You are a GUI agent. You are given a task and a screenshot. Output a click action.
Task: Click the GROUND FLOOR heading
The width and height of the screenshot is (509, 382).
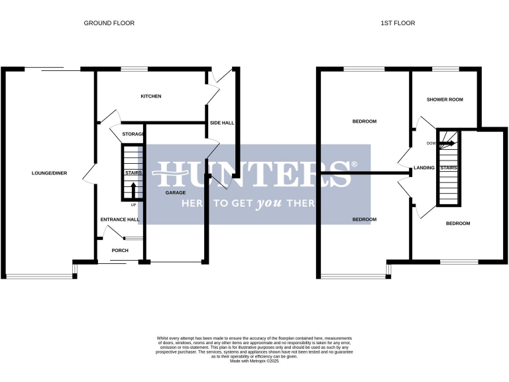pyautogui.click(x=109, y=23)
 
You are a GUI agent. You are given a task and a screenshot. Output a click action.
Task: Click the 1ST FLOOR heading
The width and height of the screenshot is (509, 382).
pyautogui.click(x=398, y=23)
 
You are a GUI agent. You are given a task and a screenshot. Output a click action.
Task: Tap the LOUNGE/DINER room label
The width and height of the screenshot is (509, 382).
pyautogui.click(x=47, y=174)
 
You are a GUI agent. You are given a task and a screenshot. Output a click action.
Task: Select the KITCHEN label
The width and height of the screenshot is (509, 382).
pyautogui.click(x=150, y=96)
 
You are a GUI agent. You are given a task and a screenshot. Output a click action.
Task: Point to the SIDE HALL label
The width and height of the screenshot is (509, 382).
pyautogui.click(x=221, y=123)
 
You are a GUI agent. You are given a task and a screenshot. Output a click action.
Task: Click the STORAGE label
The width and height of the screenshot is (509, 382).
pyautogui.click(x=133, y=135)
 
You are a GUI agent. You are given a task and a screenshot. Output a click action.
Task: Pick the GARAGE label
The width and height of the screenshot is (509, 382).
pyautogui.click(x=175, y=192)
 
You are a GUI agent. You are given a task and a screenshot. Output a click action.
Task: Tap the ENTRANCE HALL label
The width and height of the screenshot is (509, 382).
pyautogui.click(x=119, y=220)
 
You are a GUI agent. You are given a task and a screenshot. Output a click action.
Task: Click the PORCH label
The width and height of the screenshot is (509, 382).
pyautogui.click(x=119, y=251)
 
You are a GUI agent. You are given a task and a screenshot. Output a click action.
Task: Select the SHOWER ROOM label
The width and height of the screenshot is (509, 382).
pyautogui.click(x=444, y=99)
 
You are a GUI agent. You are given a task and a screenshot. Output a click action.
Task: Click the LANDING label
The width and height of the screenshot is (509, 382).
pyautogui.click(x=424, y=168)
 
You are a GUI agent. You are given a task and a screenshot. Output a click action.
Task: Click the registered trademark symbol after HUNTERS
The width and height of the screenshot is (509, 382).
pyautogui.click(x=354, y=164)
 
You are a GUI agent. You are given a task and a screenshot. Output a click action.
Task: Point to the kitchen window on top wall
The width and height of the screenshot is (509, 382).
pyautogui.click(x=134, y=68)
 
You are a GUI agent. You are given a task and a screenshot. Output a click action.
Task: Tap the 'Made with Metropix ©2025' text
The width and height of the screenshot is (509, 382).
pyautogui.click(x=254, y=360)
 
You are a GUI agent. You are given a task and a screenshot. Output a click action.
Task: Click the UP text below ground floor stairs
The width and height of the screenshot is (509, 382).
pyautogui.click(x=133, y=204)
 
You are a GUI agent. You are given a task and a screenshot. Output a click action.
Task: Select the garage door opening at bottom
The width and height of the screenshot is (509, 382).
pyautogui.click(x=175, y=262)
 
